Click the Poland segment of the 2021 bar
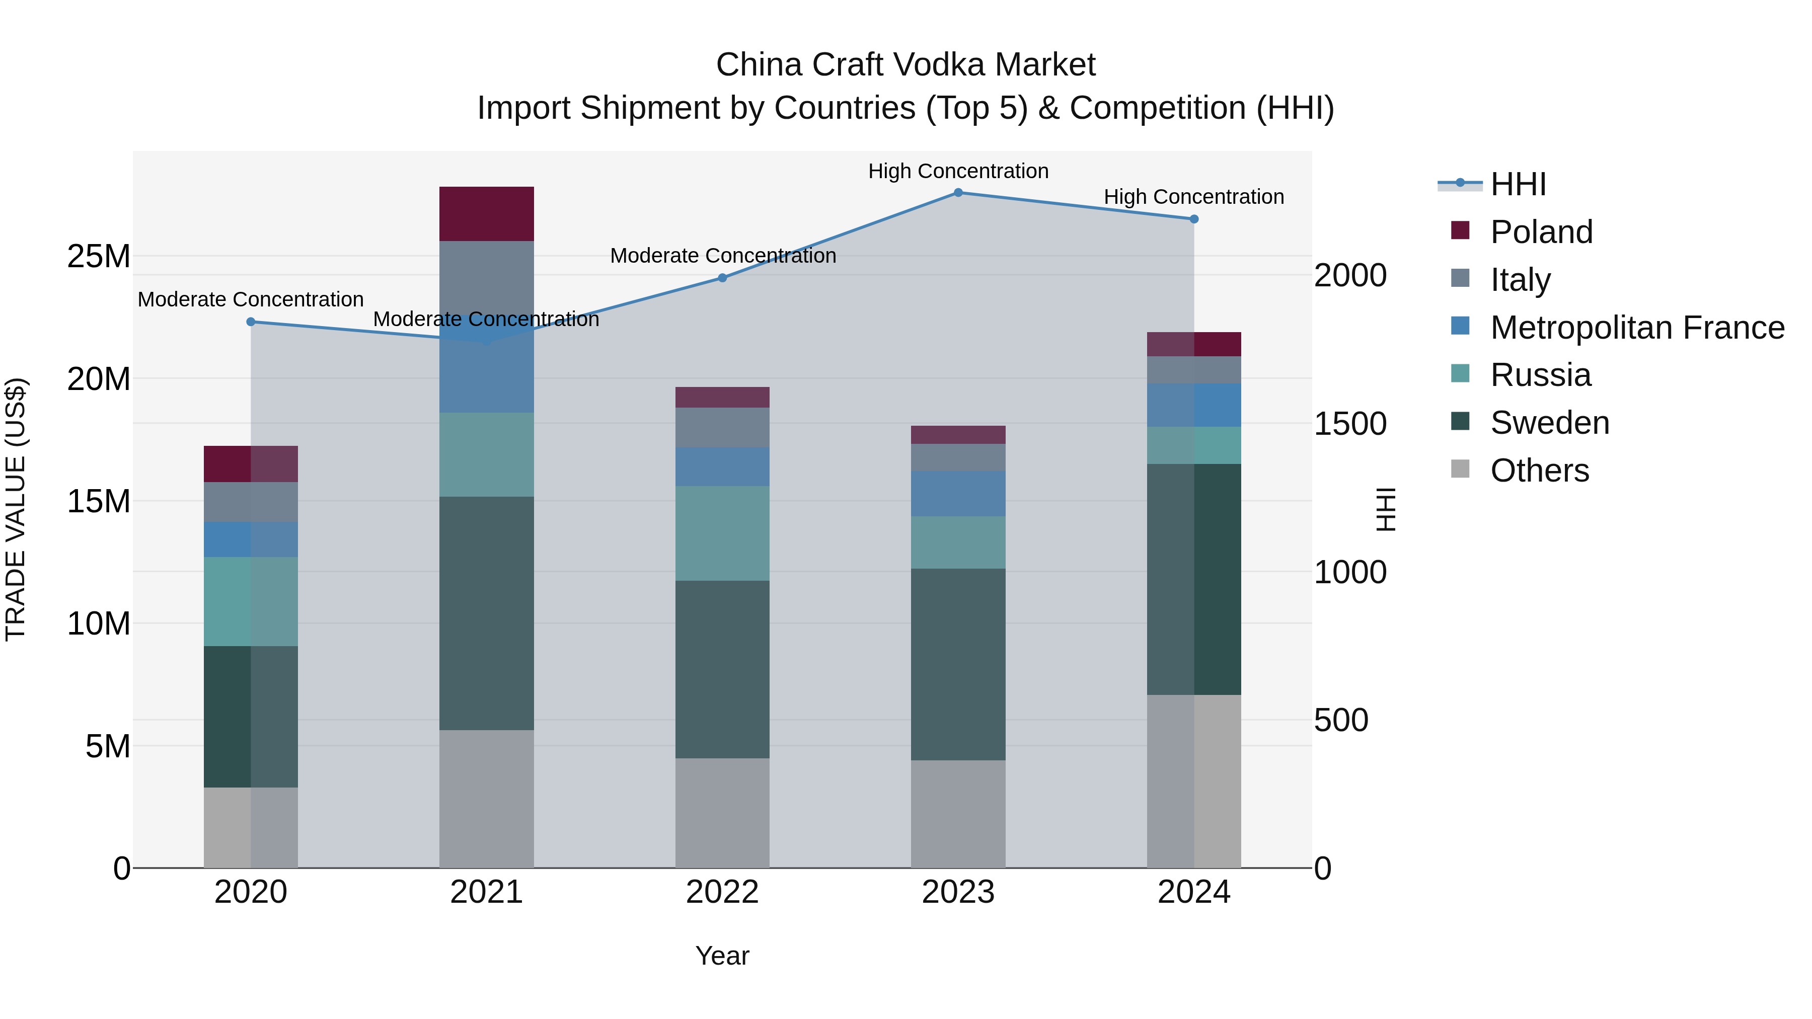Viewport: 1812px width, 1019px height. (x=486, y=214)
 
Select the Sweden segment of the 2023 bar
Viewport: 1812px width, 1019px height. (x=957, y=664)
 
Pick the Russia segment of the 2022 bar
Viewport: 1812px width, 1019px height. (x=722, y=533)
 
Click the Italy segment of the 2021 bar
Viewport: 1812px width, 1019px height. (x=486, y=278)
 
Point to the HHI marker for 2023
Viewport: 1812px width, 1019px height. (x=957, y=193)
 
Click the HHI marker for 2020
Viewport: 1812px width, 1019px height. (x=251, y=322)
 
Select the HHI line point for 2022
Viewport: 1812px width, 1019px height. (x=722, y=278)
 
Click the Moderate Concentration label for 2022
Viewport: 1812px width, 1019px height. (x=722, y=256)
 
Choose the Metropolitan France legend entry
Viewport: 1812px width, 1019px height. (x=1636, y=328)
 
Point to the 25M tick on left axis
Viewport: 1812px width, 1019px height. (x=99, y=257)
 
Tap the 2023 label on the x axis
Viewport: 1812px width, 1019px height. (x=957, y=892)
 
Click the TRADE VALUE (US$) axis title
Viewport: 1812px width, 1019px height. (x=16, y=509)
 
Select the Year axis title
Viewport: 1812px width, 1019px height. (x=722, y=956)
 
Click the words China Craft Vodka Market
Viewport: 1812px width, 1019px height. (x=905, y=65)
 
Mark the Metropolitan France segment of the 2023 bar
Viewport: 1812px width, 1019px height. (x=957, y=494)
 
